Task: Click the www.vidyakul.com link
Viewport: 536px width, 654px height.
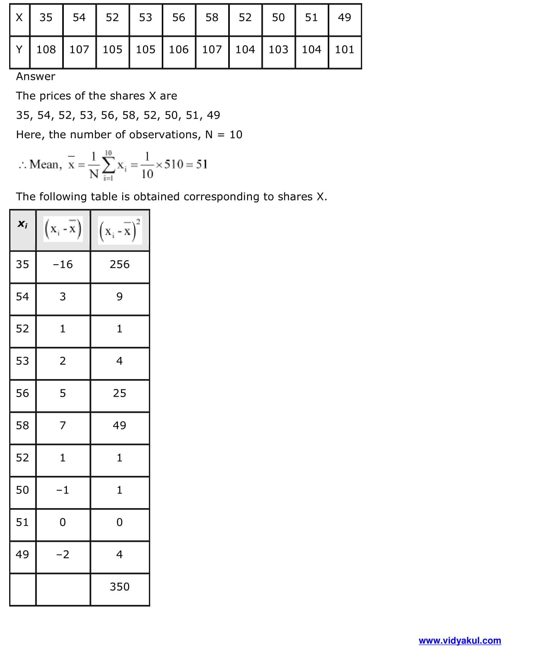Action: pyautogui.click(x=460, y=641)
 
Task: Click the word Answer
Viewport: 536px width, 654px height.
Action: pyautogui.click(x=35, y=76)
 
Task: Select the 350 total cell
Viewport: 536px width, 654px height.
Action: pyautogui.click(x=119, y=586)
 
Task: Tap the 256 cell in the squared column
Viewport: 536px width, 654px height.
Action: pyautogui.click(x=119, y=264)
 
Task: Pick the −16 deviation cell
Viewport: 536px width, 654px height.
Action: pyautogui.click(x=63, y=264)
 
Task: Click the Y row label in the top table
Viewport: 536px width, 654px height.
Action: pyautogui.click(x=19, y=50)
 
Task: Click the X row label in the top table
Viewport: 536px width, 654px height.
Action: pyautogui.click(x=19, y=18)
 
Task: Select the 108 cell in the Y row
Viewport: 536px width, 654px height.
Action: pyautogui.click(x=46, y=50)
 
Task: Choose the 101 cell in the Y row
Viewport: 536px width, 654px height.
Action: pyautogui.click(x=344, y=50)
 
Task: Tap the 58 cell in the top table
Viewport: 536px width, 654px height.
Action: pyautogui.click(x=212, y=18)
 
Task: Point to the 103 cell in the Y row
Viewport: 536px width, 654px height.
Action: pyautogui.click(x=278, y=50)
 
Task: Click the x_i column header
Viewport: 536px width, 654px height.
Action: pyautogui.click(x=23, y=224)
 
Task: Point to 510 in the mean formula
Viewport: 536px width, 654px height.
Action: pyautogui.click(x=174, y=164)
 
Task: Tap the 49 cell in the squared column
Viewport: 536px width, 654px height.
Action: pyautogui.click(x=119, y=425)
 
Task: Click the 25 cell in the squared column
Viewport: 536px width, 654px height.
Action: pyautogui.click(x=119, y=393)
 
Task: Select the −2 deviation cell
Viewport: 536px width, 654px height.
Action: pyautogui.click(x=63, y=554)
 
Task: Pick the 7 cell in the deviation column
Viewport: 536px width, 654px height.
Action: pyautogui.click(x=63, y=425)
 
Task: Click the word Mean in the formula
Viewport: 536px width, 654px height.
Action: pyautogui.click(x=44, y=164)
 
